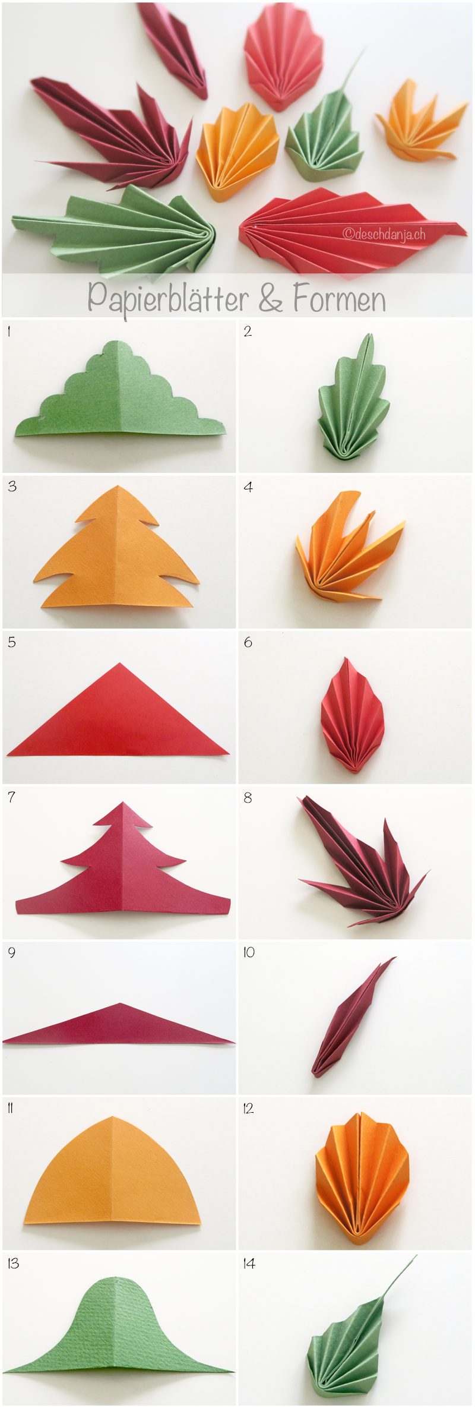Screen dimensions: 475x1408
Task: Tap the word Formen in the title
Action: point(339,298)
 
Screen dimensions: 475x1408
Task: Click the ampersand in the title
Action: point(271,298)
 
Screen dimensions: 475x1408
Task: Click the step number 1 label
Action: point(9,332)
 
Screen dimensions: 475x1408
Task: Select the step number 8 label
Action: point(248,798)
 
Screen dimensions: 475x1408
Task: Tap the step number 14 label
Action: point(249,1264)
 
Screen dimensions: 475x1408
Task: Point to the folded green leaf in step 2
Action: point(353,404)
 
